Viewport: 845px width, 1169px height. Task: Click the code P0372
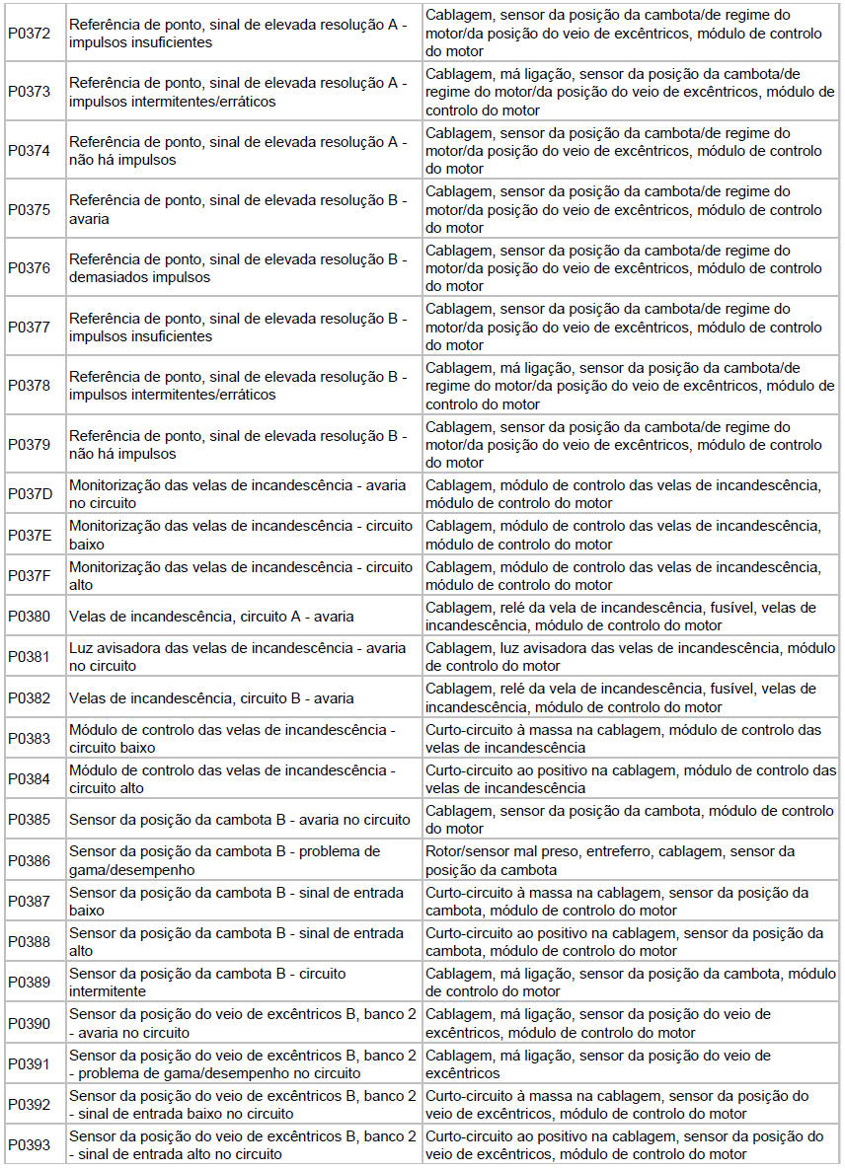point(29,33)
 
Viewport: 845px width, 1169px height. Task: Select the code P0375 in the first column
point(29,209)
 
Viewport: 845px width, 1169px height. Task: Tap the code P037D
point(30,493)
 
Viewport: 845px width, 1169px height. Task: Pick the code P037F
point(30,575)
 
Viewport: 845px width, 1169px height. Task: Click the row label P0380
point(29,617)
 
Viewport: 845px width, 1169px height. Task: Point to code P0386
point(29,860)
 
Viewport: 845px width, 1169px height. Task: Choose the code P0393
point(29,1144)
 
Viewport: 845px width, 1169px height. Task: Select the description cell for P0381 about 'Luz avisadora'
point(237,657)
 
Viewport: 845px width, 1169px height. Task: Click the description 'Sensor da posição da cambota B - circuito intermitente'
point(207,982)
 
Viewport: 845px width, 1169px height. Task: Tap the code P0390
point(29,1023)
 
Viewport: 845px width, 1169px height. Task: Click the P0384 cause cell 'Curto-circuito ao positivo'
point(630,778)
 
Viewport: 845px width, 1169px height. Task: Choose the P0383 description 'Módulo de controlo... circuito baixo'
point(232,738)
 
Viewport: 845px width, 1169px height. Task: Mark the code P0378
point(29,385)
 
